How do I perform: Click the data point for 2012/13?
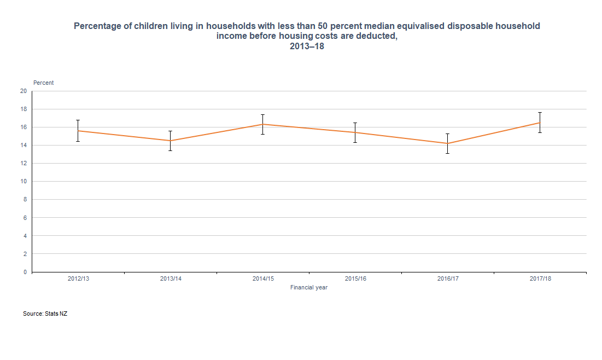[x=78, y=131]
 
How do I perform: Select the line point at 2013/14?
[x=171, y=141]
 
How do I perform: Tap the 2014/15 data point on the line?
[x=263, y=124]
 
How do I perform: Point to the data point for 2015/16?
[x=355, y=132]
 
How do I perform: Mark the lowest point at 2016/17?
[x=448, y=143]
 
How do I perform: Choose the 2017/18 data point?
[x=540, y=123]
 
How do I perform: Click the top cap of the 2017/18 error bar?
[x=540, y=113]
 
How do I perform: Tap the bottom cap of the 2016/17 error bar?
[x=448, y=153]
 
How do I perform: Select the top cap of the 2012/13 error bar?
[x=78, y=120]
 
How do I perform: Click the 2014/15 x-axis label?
[x=263, y=279]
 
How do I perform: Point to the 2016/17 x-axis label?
[x=448, y=279]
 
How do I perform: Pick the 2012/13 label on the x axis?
[x=78, y=279]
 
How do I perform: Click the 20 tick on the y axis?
[x=24, y=91]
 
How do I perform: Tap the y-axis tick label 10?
[x=24, y=182]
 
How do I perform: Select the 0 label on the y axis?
[x=25, y=272]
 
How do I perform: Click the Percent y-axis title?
[x=44, y=83]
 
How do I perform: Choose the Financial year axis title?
[x=309, y=288]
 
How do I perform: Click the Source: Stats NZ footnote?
[x=45, y=314]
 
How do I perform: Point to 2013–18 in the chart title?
[x=307, y=47]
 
